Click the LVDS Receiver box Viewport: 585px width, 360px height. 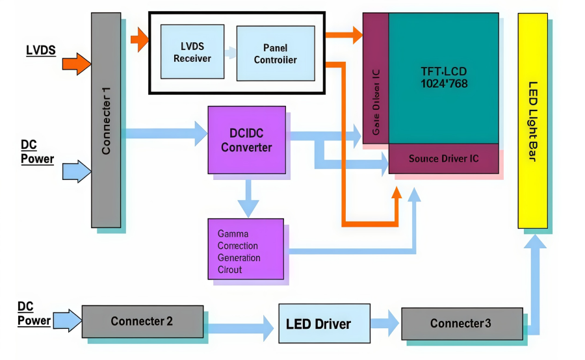point(192,52)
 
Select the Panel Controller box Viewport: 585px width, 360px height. point(275,53)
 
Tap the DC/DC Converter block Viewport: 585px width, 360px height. point(246,140)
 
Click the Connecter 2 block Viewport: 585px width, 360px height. point(142,321)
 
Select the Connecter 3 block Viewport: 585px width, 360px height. point(461,323)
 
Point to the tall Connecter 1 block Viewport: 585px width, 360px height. point(106,120)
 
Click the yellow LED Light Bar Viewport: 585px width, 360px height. point(532,120)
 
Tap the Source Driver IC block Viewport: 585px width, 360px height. point(443,159)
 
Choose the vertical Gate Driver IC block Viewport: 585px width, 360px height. point(376,78)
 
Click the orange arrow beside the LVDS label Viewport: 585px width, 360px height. point(77,64)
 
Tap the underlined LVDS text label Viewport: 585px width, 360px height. point(40,51)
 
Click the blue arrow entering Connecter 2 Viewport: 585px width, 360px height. point(67,320)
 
